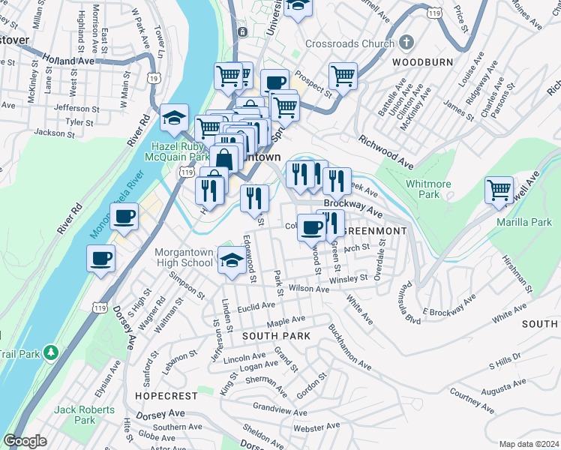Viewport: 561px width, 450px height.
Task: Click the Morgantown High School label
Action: [184, 258]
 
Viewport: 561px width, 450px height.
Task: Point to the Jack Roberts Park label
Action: [85, 415]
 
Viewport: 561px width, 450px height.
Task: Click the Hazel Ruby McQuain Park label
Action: [181, 152]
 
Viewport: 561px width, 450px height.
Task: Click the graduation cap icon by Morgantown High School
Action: [230, 259]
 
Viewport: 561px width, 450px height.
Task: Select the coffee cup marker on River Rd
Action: [124, 217]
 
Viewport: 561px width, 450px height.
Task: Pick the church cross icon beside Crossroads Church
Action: [406, 43]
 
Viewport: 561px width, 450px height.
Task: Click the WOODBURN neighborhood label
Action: [413, 61]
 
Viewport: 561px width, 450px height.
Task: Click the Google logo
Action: [25, 441]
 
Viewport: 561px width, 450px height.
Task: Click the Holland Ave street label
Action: [67, 59]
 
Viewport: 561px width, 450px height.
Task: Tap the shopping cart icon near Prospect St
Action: [343, 76]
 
